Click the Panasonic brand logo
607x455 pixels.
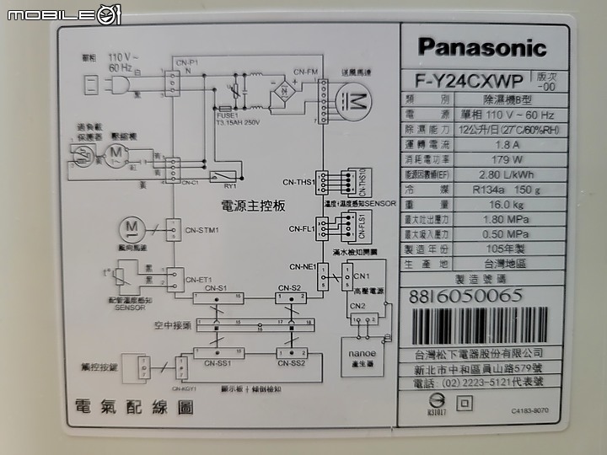click(x=481, y=47)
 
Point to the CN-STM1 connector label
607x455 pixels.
click(x=203, y=228)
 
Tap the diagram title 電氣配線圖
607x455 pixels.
click(x=134, y=408)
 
